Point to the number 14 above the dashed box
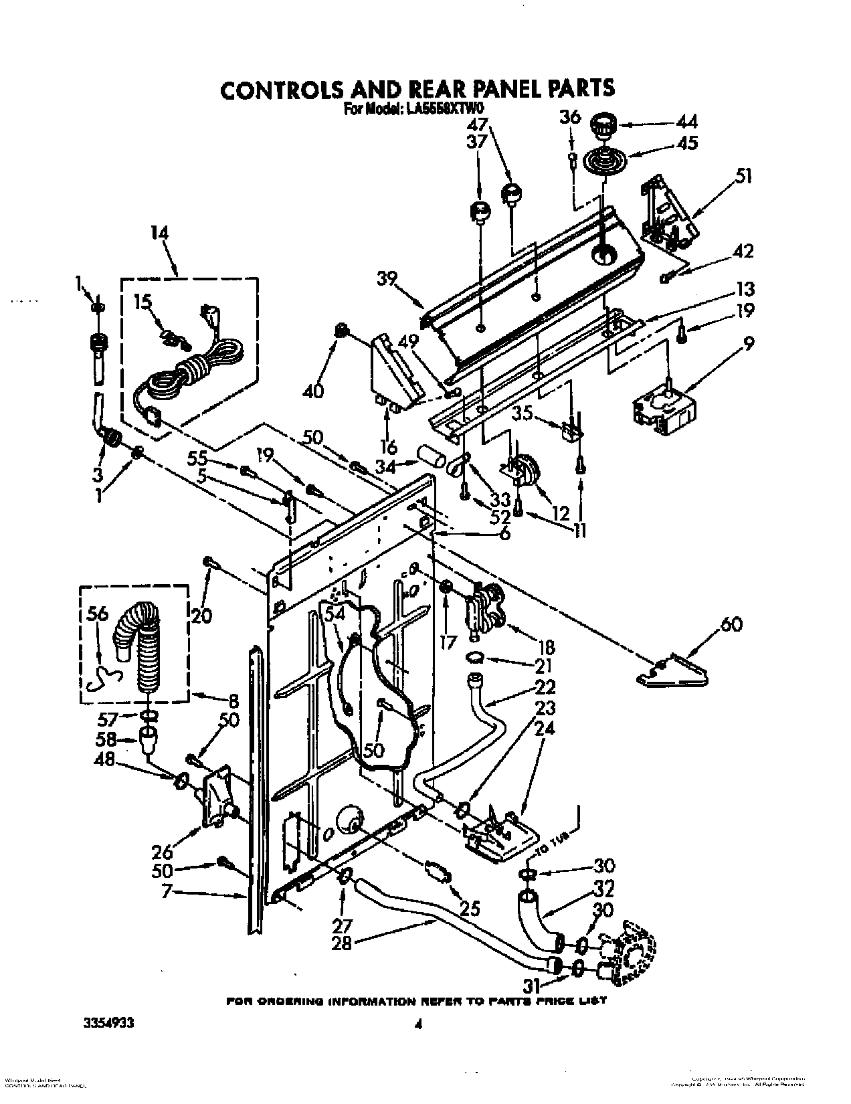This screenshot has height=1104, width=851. (x=159, y=234)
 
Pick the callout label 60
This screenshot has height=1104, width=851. (x=731, y=625)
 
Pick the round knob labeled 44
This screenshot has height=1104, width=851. (x=603, y=124)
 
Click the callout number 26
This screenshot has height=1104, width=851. (x=163, y=852)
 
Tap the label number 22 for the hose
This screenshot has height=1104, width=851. (x=545, y=687)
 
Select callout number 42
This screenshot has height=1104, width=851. (x=743, y=252)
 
